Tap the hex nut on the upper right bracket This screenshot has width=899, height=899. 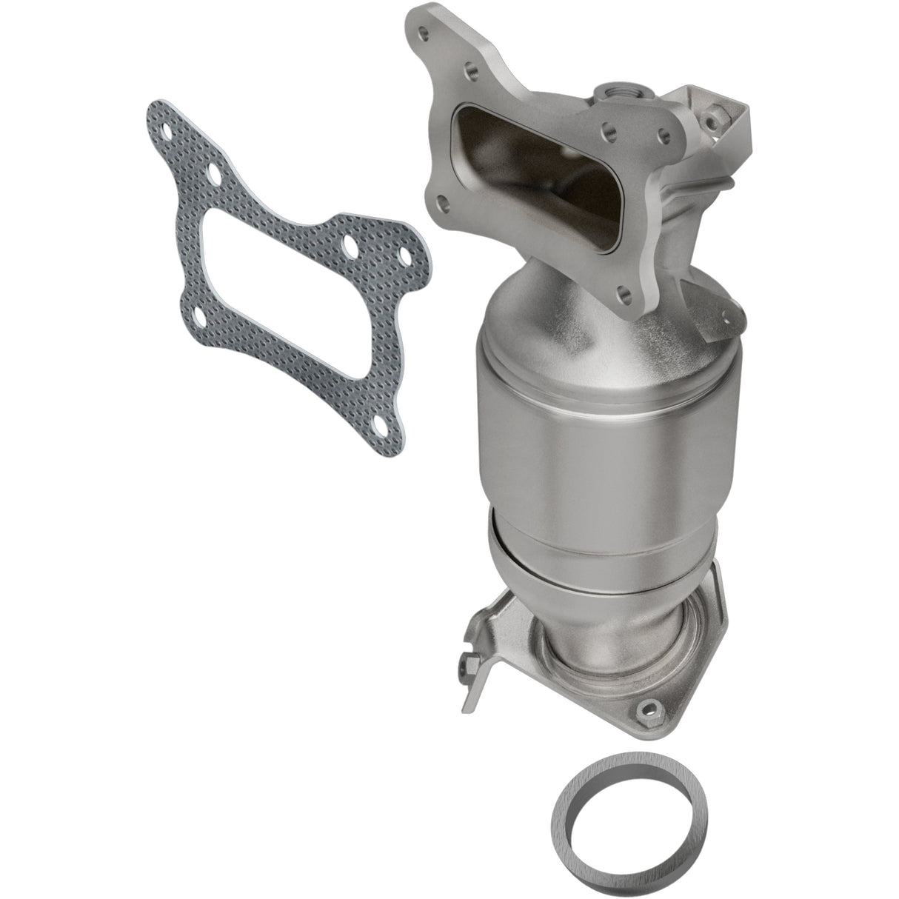tap(719, 117)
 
